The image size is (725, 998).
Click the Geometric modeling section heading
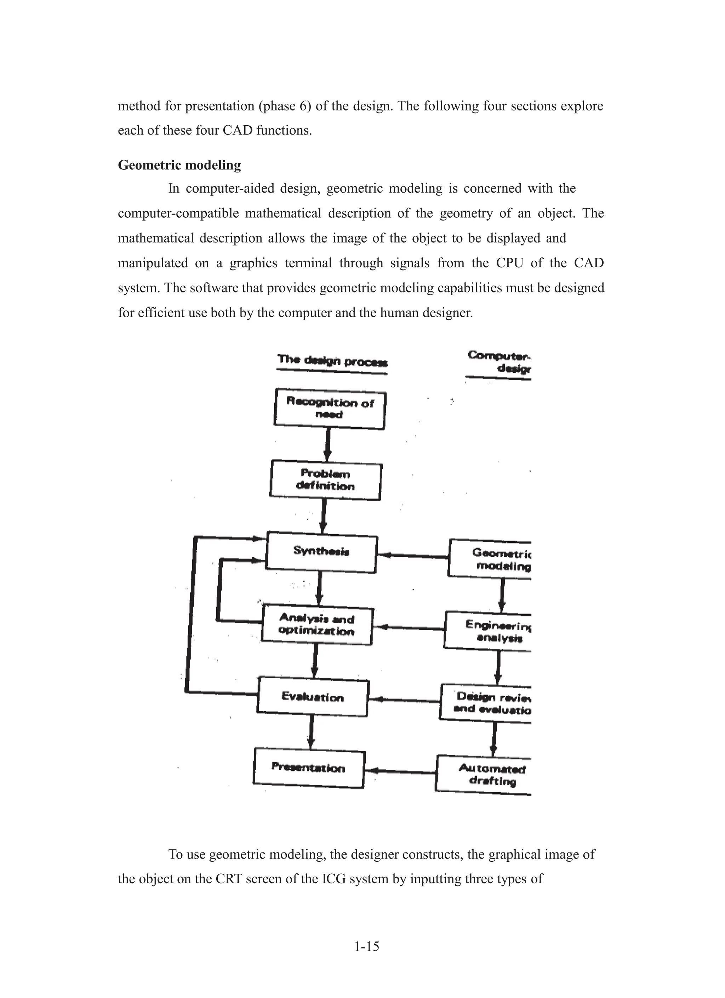[x=179, y=165]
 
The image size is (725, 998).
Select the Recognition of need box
[x=329, y=409]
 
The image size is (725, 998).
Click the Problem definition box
[x=326, y=480]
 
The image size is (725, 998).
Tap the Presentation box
[x=309, y=768]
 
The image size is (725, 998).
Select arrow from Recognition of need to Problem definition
[x=327, y=444]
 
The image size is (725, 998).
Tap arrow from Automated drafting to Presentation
[x=400, y=771]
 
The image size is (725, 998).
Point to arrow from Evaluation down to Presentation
[x=311, y=732]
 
